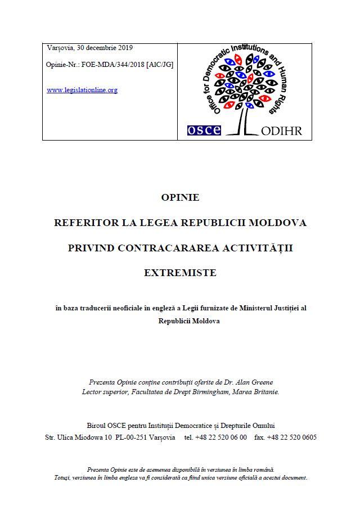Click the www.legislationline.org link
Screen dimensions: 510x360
click(x=82, y=90)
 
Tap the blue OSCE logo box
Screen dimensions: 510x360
click(x=204, y=130)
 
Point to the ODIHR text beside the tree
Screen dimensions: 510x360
click(x=282, y=131)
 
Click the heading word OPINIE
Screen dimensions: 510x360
click(x=180, y=197)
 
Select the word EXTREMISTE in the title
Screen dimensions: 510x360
click(x=180, y=273)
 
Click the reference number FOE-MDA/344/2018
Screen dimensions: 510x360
click(x=113, y=65)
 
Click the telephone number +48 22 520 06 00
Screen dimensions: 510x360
click(x=221, y=437)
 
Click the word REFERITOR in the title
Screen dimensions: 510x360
click(x=85, y=223)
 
